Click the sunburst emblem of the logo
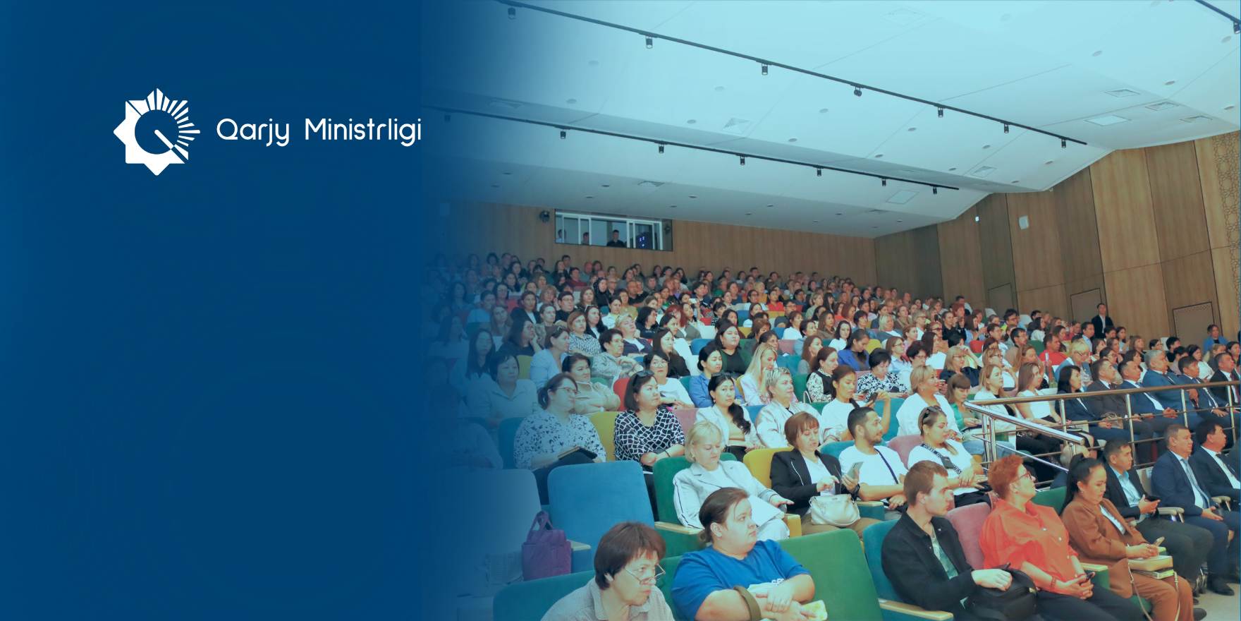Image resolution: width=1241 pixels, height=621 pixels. (157, 131)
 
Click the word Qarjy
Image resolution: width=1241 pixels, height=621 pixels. (252, 131)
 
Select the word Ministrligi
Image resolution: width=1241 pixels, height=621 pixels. (362, 131)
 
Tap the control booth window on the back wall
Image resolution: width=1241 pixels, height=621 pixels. (612, 231)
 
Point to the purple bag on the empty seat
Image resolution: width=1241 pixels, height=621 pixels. (546, 547)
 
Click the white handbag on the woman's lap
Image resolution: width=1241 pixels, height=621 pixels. (834, 510)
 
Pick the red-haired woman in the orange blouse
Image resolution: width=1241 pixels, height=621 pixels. (1029, 536)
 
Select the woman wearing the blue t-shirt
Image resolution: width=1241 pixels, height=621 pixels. (740, 565)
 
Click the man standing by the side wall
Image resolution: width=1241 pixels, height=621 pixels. (1101, 321)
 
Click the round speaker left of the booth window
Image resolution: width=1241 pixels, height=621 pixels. (545, 216)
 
